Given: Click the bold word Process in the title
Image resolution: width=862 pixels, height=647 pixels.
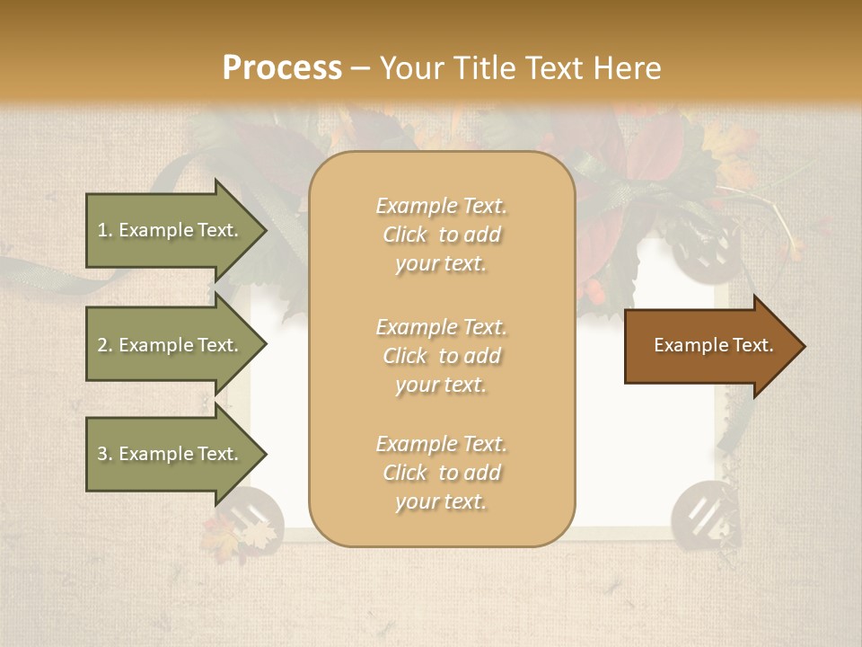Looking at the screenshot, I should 282,67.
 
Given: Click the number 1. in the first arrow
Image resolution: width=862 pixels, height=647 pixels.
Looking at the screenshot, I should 105,230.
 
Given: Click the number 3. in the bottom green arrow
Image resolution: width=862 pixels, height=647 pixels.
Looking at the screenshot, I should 105,454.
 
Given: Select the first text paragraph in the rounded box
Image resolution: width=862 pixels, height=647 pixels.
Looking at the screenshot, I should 441,235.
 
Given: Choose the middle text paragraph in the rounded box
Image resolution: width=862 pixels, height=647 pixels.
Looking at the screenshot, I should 441,356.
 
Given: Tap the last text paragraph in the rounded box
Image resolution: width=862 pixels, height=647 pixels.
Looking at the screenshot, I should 441,473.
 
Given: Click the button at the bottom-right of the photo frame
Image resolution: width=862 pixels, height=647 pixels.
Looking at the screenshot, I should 699,513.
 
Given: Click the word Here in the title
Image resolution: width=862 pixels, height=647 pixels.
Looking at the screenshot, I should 629,67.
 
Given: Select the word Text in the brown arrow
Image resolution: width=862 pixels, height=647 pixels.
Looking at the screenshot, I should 752,345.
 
